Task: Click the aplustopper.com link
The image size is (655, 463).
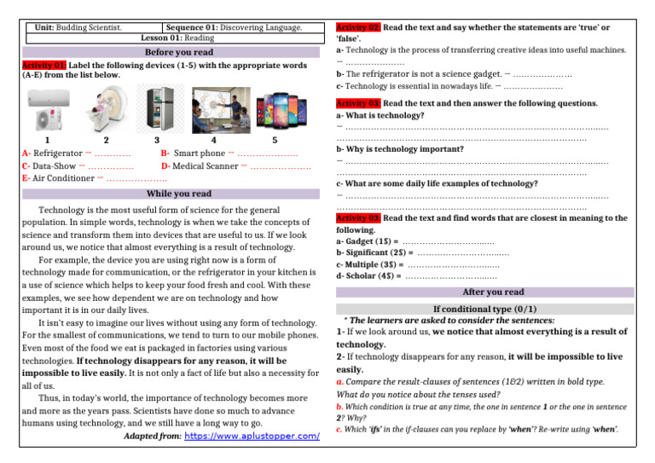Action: click(252, 437)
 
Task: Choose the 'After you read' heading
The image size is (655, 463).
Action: click(492, 292)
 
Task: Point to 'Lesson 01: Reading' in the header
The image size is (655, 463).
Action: click(177, 38)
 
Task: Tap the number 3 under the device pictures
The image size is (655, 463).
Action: click(157, 140)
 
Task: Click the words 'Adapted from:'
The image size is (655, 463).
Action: click(152, 437)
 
